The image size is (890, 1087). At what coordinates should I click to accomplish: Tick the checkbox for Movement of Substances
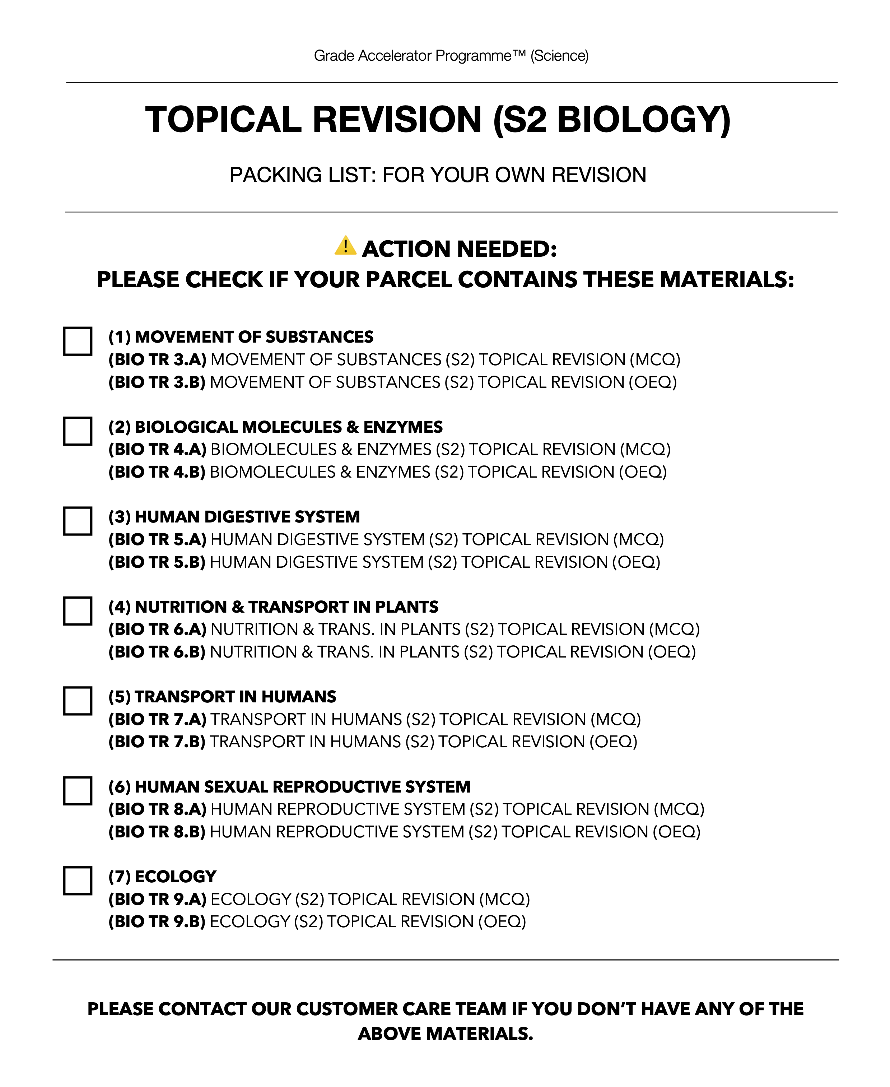(x=78, y=341)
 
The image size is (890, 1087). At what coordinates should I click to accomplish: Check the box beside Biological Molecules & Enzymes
(x=78, y=431)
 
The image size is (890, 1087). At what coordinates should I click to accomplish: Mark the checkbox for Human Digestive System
(x=78, y=521)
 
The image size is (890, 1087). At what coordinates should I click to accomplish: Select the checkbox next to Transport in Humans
(x=78, y=701)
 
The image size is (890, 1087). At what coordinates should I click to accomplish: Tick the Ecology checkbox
(x=78, y=881)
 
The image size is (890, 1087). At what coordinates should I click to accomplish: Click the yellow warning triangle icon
(x=345, y=246)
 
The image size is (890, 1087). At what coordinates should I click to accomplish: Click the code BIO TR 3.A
(x=157, y=359)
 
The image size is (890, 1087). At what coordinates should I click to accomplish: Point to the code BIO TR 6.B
(x=157, y=652)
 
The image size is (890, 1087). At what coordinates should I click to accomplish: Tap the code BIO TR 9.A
(x=157, y=899)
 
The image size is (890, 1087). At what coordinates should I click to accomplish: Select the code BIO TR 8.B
(x=157, y=832)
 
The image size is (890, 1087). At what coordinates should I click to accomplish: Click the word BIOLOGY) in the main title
(x=643, y=120)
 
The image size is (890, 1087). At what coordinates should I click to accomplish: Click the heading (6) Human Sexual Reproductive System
(x=289, y=786)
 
